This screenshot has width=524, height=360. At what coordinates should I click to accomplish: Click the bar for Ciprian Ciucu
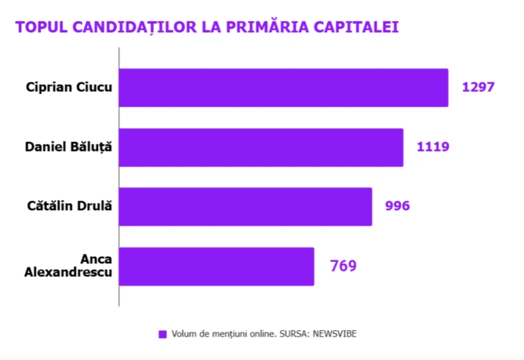point(284,87)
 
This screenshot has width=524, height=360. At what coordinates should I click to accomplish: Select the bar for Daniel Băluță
point(261,147)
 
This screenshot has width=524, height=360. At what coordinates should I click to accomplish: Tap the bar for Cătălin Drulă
point(246,206)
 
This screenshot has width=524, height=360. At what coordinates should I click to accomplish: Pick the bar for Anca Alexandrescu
point(217,266)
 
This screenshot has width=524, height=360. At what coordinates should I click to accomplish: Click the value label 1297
point(478,87)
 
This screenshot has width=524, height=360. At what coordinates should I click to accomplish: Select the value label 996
point(398,206)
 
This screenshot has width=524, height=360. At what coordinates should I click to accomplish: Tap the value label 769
point(343,266)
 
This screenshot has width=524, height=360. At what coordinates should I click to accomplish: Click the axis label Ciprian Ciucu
point(68,87)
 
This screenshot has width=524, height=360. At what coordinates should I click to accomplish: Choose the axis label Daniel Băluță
point(69,147)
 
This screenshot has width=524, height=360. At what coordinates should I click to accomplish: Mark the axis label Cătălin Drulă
point(70,206)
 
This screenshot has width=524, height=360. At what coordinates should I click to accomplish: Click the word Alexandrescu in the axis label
point(69,273)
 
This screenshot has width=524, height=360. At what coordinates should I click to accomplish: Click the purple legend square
point(162,333)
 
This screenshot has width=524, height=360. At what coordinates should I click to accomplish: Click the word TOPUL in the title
point(40,27)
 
